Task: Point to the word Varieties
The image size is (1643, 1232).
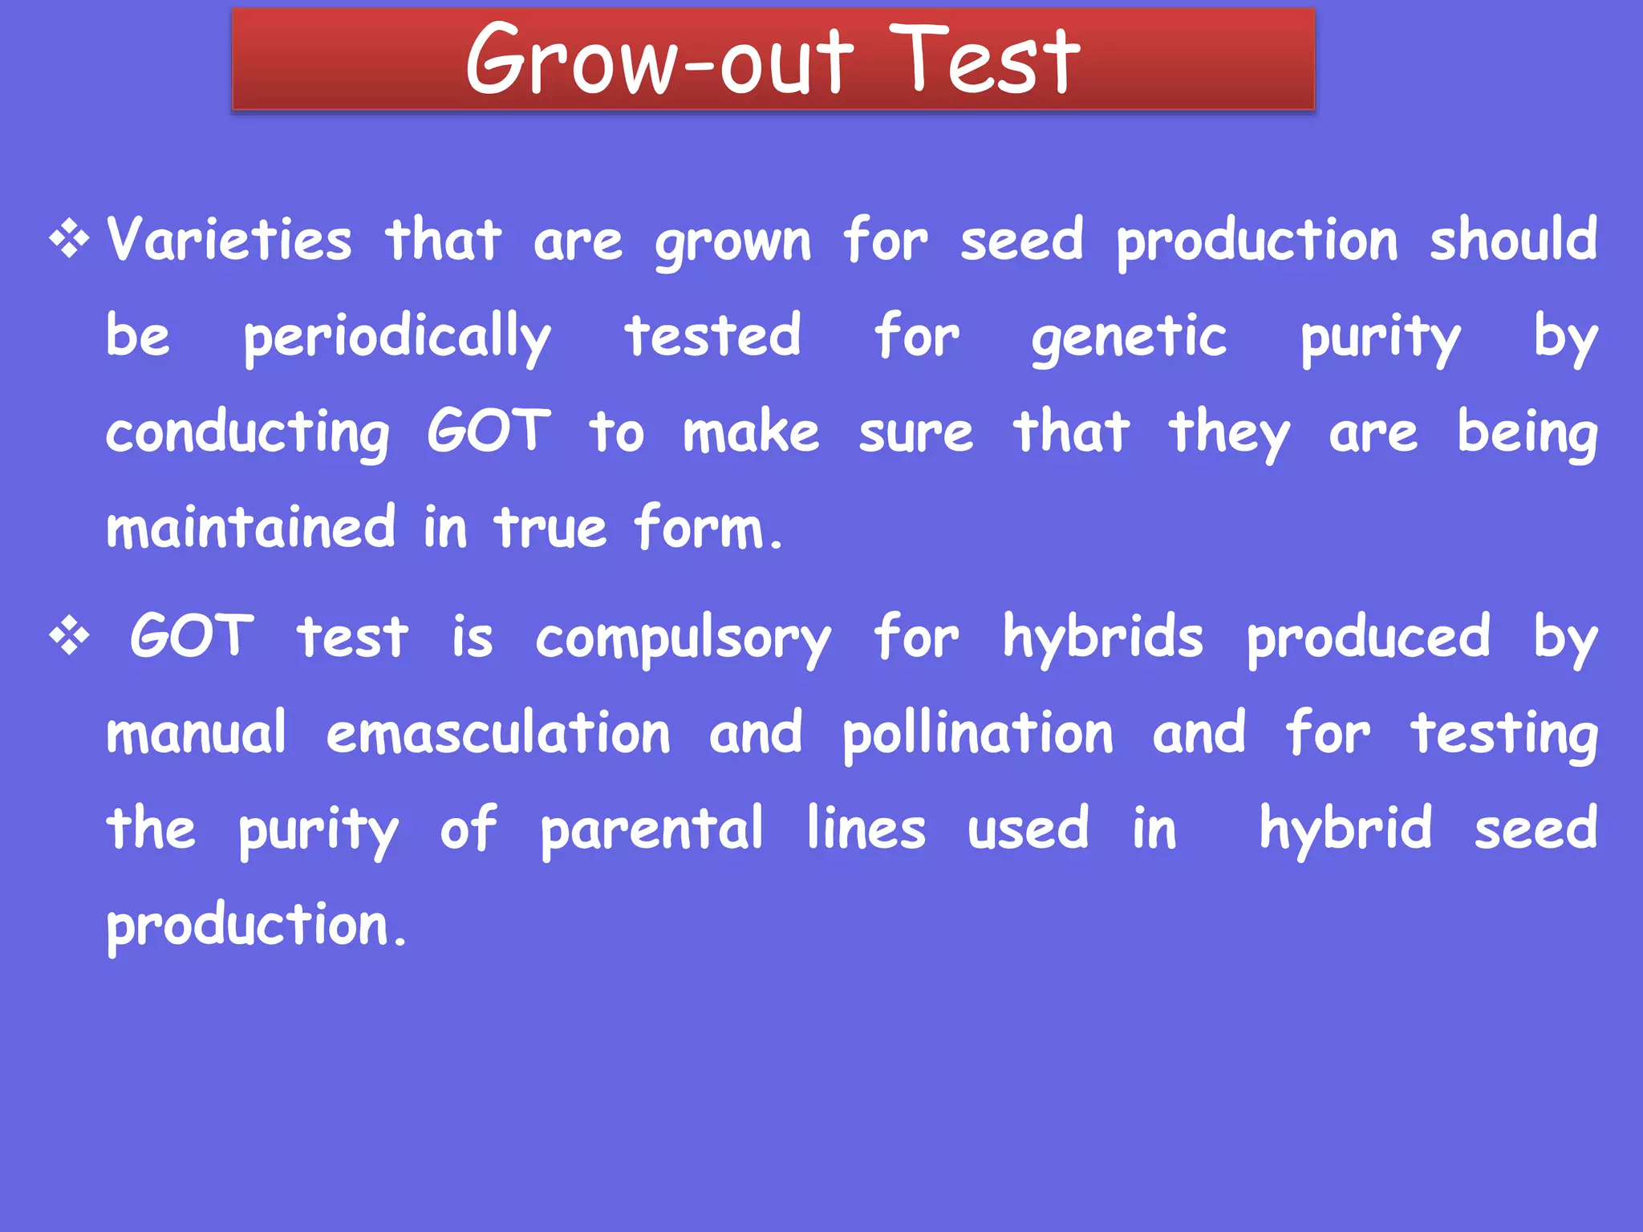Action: point(229,240)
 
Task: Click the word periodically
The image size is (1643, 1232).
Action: point(397,337)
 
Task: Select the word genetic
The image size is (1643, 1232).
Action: point(1129,337)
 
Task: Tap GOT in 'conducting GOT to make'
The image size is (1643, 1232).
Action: point(489,432)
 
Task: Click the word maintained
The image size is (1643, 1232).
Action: point(251,528)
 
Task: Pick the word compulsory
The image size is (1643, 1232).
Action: point(683,639)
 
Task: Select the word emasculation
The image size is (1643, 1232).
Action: point(498,733)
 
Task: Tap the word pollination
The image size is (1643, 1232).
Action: point(977,733)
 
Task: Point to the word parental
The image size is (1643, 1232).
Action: point(651,829)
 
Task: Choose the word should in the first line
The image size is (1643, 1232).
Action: point(1513,239)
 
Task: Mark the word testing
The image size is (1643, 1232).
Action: point(1504,735)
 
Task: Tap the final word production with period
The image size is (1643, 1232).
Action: point(257,926)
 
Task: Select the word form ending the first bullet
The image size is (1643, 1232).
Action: point(706,528)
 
